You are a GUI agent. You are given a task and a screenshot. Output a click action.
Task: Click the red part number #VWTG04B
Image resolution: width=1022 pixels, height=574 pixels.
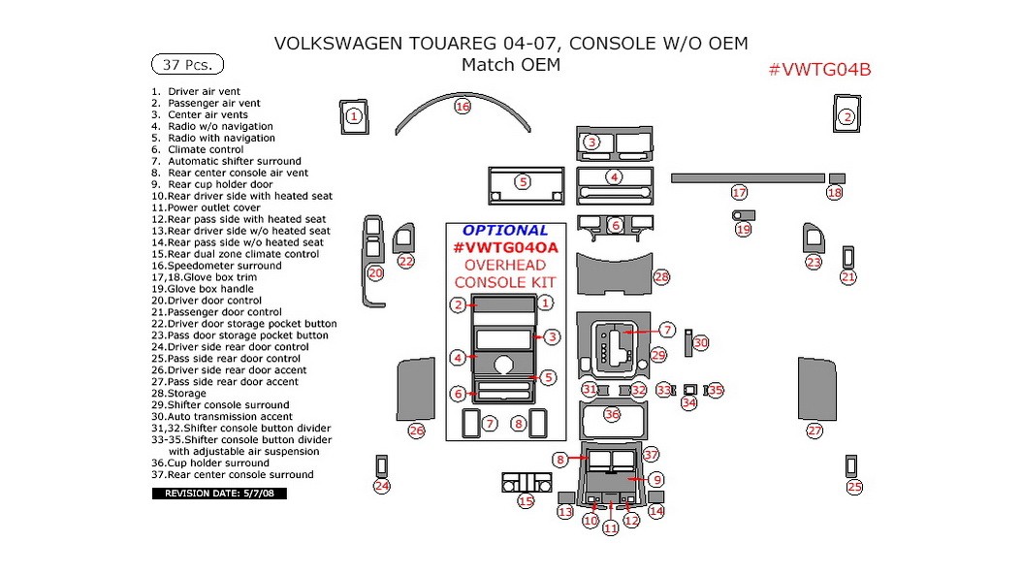tap(819, 69)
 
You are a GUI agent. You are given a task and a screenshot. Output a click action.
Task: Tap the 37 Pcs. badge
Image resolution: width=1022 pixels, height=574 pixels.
tap(187, 65)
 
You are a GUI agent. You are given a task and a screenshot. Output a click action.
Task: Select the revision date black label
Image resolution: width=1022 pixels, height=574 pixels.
tap(219, 494)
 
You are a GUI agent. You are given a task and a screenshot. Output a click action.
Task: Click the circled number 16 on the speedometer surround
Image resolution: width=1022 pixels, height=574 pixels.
tap(463, 107)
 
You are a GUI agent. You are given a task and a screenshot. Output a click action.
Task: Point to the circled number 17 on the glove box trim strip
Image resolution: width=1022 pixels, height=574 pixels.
tap(739, 192)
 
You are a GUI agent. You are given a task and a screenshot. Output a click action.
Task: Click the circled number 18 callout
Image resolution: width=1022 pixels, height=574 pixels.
tap(834, 193)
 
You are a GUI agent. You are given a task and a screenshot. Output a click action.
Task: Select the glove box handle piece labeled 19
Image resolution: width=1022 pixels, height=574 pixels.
tap(742, 215)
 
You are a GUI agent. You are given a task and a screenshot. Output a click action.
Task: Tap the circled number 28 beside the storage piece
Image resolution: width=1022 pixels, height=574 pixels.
tap(661, 277)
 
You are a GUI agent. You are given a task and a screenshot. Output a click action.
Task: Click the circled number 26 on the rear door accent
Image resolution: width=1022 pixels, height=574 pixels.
tap(416, 430)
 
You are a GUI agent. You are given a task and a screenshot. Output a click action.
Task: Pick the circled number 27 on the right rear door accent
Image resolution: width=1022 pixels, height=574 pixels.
tap(814, 430)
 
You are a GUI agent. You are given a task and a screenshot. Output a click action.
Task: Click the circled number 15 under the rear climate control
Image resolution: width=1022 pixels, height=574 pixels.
tap(526, 501)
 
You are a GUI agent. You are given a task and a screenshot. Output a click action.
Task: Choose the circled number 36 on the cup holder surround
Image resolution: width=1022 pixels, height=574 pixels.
tap(611, 414)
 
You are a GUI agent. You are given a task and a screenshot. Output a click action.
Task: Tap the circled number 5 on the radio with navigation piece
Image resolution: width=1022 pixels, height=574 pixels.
tap(523, 181)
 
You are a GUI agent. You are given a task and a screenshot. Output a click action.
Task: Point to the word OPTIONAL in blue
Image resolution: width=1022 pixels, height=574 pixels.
tap(504, 231)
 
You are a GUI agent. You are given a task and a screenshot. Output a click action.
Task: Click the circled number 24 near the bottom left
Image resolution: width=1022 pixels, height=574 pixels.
tap(382, 486)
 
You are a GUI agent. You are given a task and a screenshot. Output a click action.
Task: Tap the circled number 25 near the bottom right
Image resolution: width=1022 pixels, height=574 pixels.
tap(853, 487)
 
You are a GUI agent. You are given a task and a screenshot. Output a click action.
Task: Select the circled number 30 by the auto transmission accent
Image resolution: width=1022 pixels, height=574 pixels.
tap(700, 342)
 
